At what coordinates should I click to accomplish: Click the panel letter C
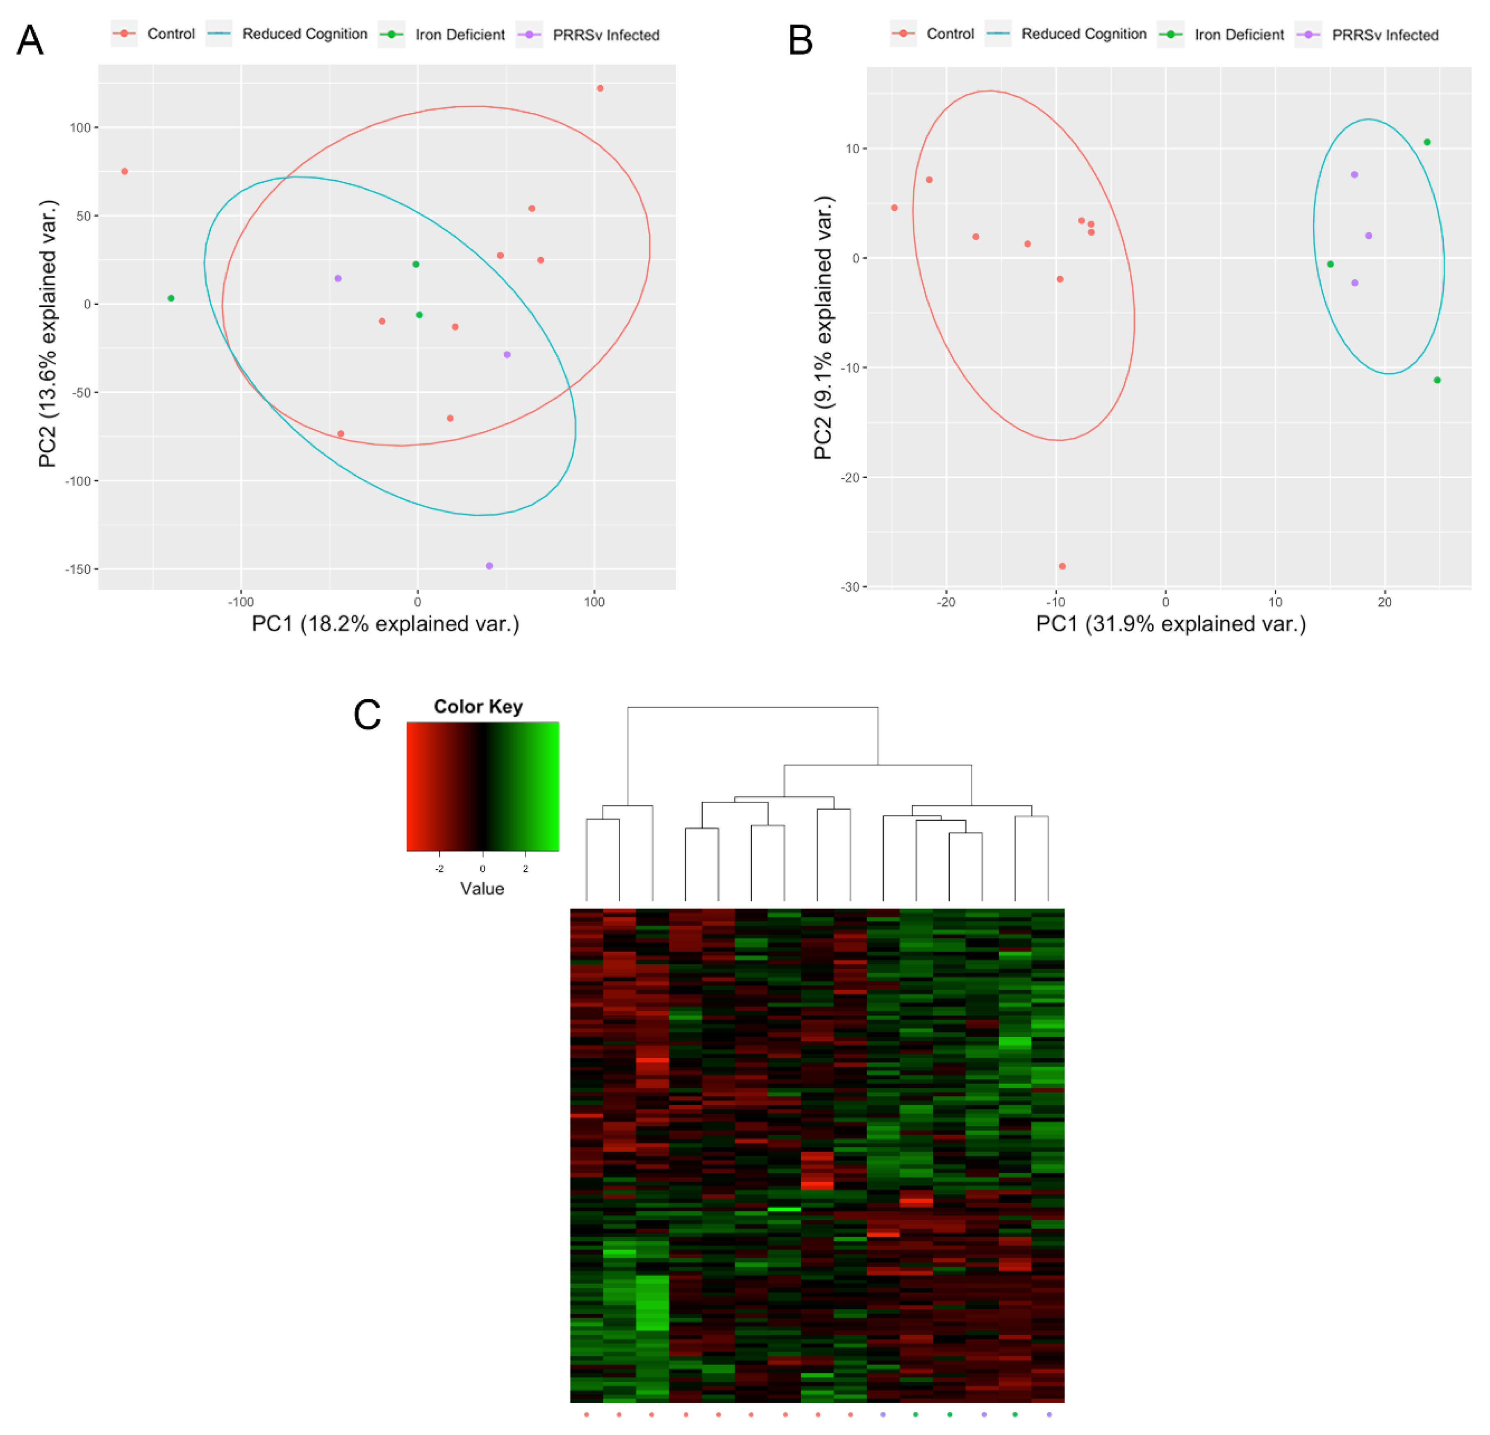367,715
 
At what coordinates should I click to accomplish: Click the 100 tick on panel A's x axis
594,602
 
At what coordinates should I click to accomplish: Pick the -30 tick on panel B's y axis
849,587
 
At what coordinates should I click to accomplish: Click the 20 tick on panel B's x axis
1384,602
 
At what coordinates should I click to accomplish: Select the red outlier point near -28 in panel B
1062,566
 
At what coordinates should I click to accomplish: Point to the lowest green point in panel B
1437,380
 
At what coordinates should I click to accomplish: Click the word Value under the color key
482,888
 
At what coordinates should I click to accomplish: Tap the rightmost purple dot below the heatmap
1049,1415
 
